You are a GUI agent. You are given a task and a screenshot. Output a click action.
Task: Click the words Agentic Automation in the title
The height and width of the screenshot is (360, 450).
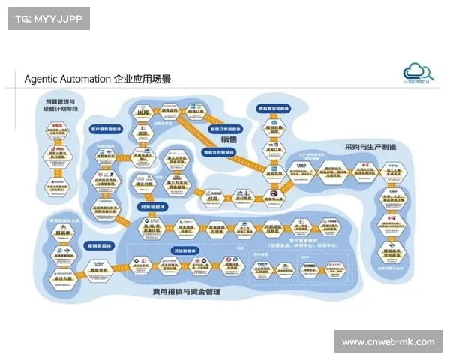[x=67, y=79]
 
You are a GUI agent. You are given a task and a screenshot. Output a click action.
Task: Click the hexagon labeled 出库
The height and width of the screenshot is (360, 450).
[x=143, y=115]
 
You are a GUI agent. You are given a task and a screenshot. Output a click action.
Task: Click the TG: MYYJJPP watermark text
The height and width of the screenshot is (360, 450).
[x=47, y=18]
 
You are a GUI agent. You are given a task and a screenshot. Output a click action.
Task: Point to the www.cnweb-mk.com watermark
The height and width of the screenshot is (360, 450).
[x=387, y=342]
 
